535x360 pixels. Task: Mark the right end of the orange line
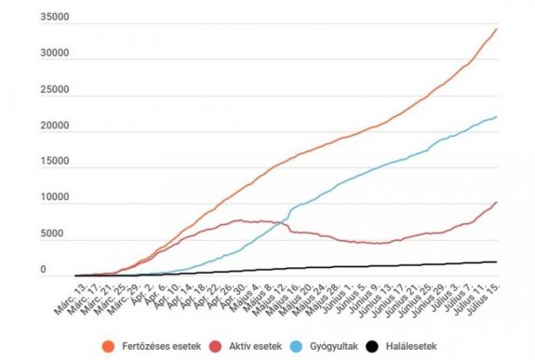(x=497, y=29)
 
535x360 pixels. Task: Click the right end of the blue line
(x=497, y=116)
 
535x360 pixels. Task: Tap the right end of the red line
(x=497, y=202)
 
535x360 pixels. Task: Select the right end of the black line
(x=497, y=262)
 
